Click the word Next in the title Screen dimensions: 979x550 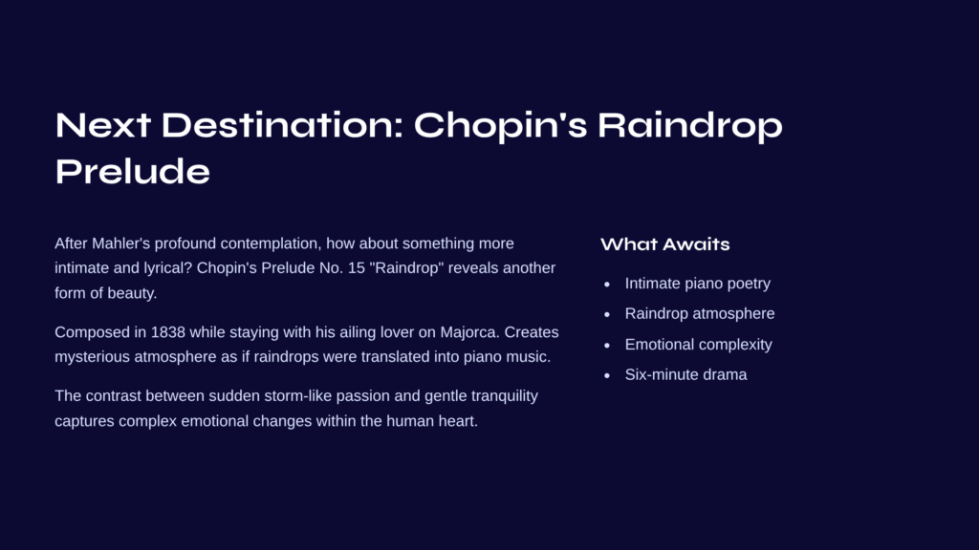click(103, 125)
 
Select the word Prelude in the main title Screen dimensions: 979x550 click(132, 172)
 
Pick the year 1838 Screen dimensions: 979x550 click(168, 332)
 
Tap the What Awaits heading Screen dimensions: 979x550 click(665, 244)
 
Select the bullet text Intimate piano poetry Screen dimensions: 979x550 click(697, 284)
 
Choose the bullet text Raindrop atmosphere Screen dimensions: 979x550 click(699, 313)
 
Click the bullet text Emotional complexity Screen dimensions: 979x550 click(698, 344)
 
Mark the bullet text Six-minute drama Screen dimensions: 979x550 click(685, 374)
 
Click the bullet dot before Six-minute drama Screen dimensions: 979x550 click(607, 376)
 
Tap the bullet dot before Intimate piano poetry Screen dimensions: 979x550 click(607, 285)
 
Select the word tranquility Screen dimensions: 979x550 click(505, 396)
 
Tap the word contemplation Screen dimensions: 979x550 click(271, 243)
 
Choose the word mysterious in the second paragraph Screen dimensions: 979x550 click(93, 357)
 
